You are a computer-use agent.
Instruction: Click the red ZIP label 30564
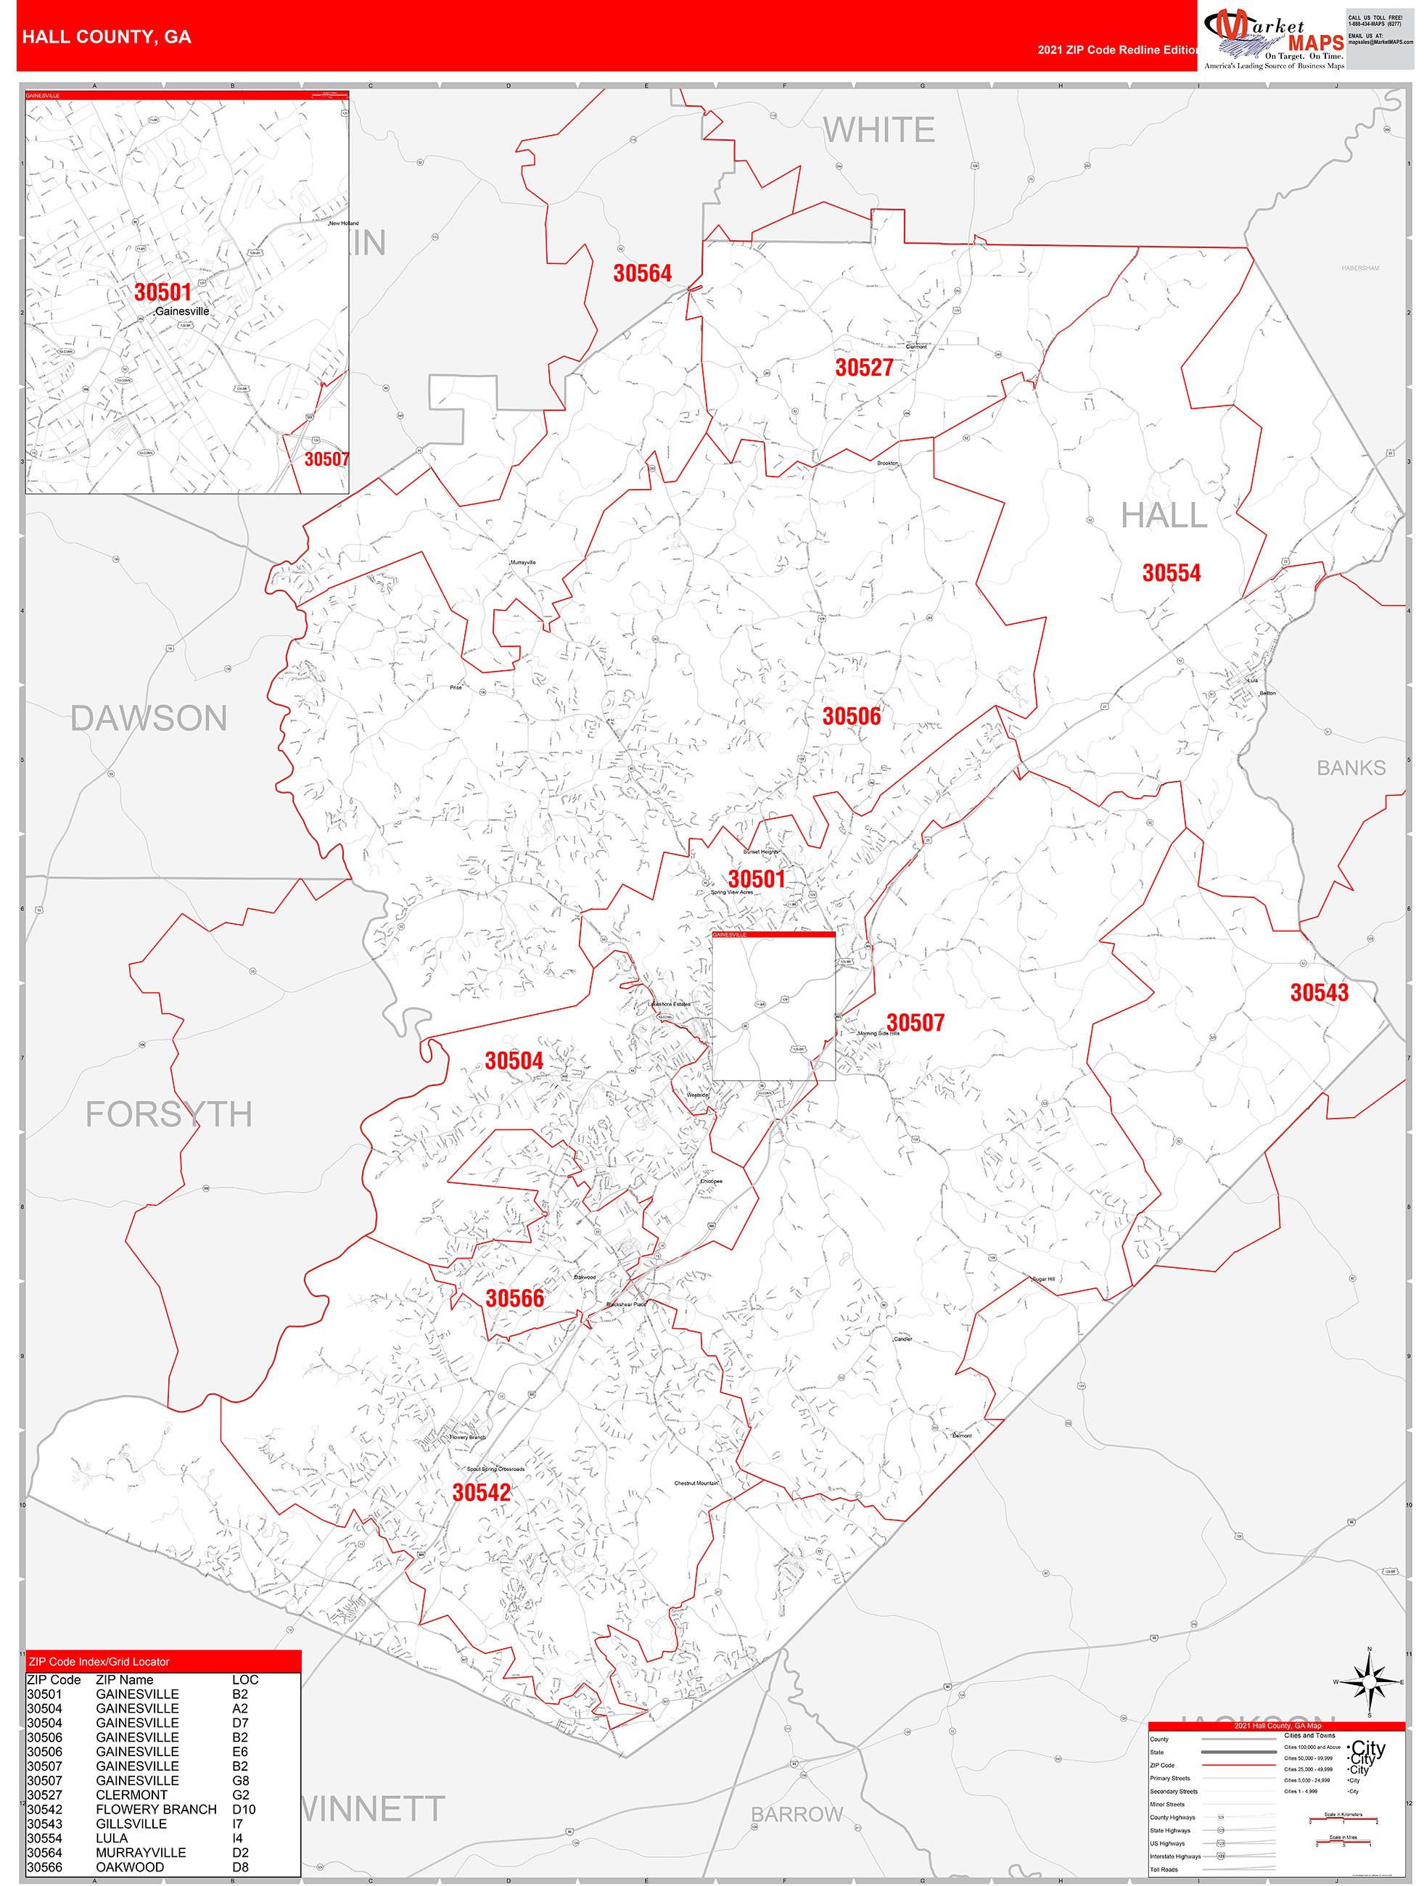point(642,273)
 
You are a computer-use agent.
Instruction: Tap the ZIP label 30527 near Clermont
point(864,368)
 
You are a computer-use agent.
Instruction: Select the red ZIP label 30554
point(1171,573)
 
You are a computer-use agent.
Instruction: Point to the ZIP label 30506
point(851,716)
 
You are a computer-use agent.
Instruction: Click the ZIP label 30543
point(1319,992)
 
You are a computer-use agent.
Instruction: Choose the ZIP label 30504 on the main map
point(514,1061)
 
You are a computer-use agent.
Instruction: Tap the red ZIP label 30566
point(514,1298)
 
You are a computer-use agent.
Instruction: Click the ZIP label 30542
point(481,1493)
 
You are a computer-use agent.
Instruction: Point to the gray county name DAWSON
point(149,718)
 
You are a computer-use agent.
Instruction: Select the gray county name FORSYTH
point(169,1114)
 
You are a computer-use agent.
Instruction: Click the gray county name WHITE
point(878,131)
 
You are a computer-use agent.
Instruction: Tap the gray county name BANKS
point(1351,768)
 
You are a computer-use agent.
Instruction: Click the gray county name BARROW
point(797,1814)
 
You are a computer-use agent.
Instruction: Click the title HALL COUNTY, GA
point(107,37)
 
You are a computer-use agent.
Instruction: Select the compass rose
point(1370,1682)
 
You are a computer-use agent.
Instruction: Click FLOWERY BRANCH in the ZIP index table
point(156,1809)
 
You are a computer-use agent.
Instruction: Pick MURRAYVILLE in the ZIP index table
point(141,1853)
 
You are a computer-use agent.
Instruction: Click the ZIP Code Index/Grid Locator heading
point(99,1662)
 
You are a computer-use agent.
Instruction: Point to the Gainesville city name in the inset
point(181,311)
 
